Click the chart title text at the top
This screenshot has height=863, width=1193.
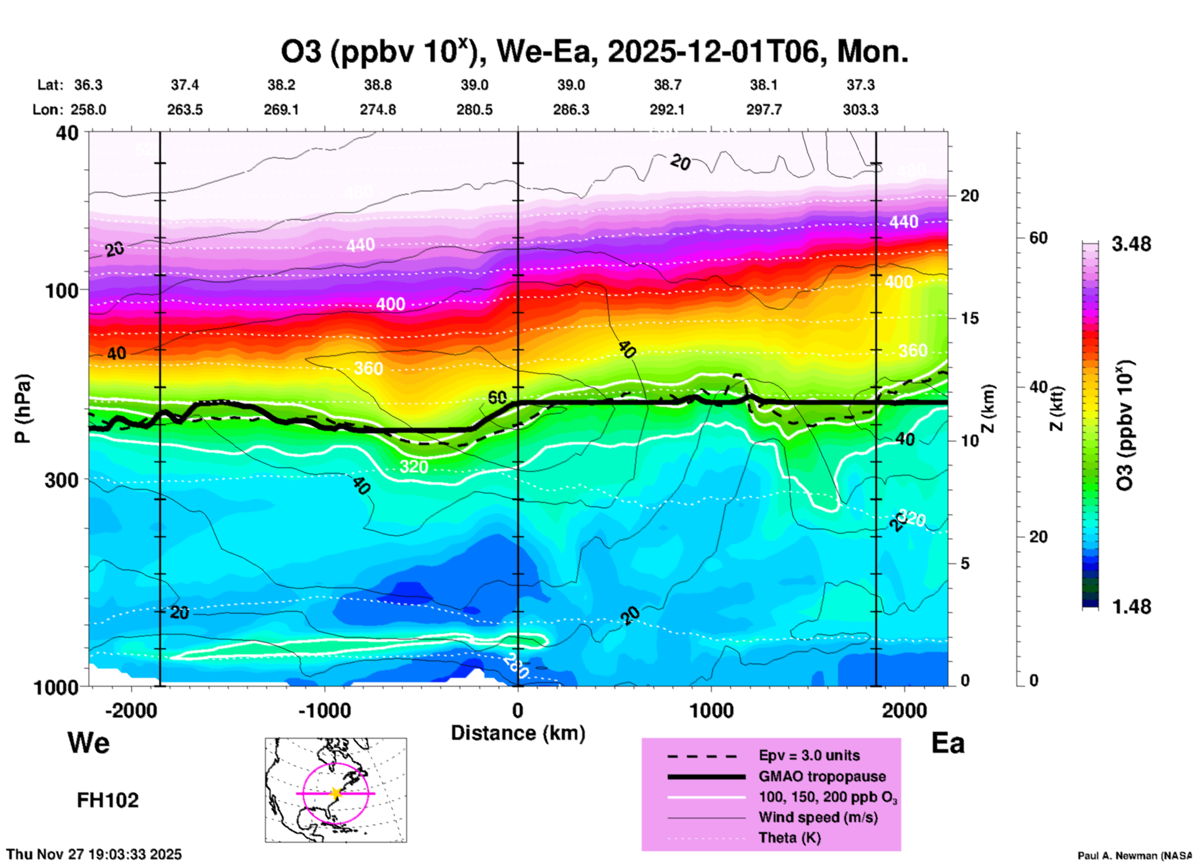pyautogui.click(x=595, y=52)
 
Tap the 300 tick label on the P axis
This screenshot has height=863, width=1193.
pyautogui.click(x=62, y=480)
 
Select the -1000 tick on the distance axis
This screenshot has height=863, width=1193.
pyautogui.click(x=324, y=710)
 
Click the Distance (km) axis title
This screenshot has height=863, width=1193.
pyautogui.click(x=518, y=733)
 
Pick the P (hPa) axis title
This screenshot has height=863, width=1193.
pyautogui.click(x=23, y=409)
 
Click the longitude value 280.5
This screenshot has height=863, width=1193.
pyautogui.click(x=474, y=110)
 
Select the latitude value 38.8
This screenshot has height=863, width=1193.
pyautogui.click(x=378, y=85)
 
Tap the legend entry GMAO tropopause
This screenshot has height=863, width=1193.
pyautogui.click(x=822, y=776)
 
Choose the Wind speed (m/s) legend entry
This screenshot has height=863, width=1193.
pyautogui.click(x=818, y=818)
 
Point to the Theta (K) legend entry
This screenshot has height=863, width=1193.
pyautogui.click(x=789, y=838)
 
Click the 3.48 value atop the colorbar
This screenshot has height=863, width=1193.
pyautogui.click(x=1131, y=245)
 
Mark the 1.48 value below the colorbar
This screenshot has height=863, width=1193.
pyautogui.click(x=1131, y=607)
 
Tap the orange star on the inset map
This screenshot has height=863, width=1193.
pyautogui.click(x=336, y=793)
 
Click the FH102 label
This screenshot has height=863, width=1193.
pyautogui.click(x=108, y=800)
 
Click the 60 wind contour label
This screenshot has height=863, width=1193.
pyautogui.click(x=497, y=397)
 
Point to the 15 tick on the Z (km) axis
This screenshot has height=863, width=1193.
pyautogui.click(x=970, y=318)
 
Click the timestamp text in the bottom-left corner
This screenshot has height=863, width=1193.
pyautogui.click(x=94, y=854)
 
